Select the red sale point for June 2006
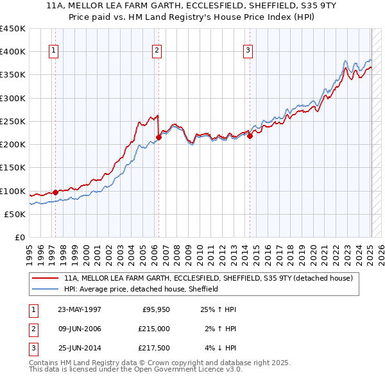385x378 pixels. pos(158,137)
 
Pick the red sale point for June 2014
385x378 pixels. pos(250,136)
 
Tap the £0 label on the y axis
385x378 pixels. pos(19,237)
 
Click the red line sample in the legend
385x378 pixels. pos(45,279)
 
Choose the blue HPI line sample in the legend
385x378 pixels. pos(45,290)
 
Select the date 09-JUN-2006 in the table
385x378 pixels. pos(80,329)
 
